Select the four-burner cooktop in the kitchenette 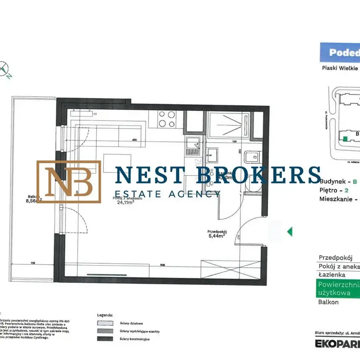(167, 118)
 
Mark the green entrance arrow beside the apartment (289, 231)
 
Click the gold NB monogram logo (69, 181)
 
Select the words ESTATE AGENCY (167, 194)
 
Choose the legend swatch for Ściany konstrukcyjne (105, 339)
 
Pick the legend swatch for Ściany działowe (105, 323)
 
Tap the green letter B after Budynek (355, 182)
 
